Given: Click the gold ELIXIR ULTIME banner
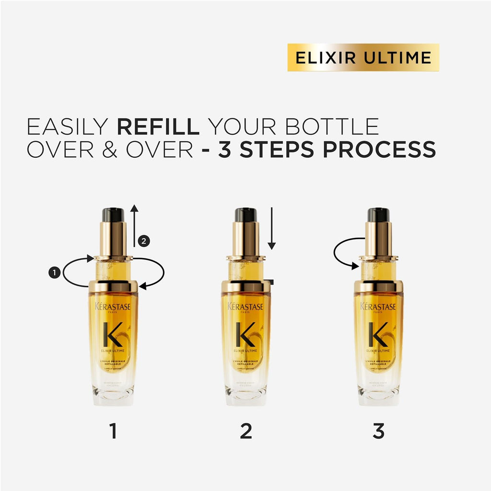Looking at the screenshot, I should click(363, 58).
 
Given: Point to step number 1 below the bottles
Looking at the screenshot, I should click(113, 432).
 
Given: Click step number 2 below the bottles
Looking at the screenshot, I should click(245, 432).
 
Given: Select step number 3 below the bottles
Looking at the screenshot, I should click(378, 432).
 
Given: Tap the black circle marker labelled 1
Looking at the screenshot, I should click(54, 272).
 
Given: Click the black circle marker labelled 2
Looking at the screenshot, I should click(143, 242).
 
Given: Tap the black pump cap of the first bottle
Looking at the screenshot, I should click(113, 215).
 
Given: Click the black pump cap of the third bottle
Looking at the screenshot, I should click(378, 215).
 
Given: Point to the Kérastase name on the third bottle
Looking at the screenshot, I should click(378, 306).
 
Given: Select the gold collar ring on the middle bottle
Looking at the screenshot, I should click(245, 287).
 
